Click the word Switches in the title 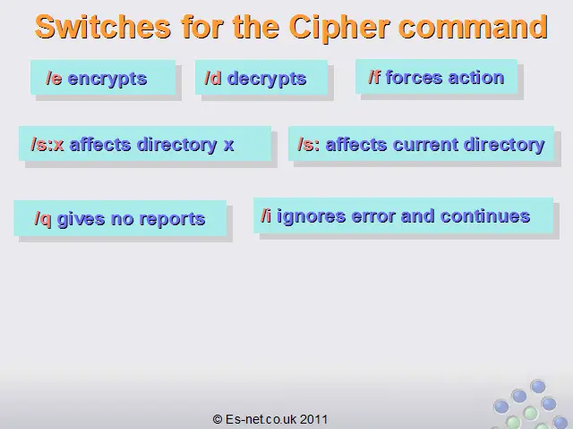(103, 27)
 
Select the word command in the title (474, 27)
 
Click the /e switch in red (54, 79)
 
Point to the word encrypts (107, 80)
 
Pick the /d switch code (213, 78)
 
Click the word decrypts (267, 80)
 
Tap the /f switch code (374, 78)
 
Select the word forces (414, 78)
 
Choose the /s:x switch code (47, 145)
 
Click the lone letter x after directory (229, 146)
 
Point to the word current (425, 145)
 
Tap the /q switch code (43, 220)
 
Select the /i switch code (266, 215)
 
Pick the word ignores (311, 217)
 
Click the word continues (485, 216)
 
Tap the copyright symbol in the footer (218, 419)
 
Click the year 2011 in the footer (314, 419)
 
